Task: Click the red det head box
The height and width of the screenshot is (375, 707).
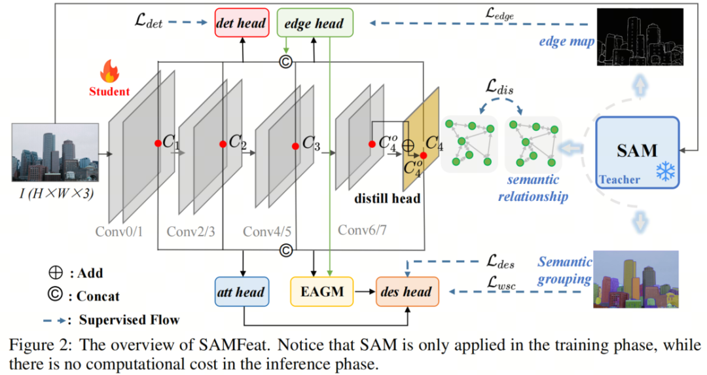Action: point(242,23)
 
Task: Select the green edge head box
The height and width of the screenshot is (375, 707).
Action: point(315,23)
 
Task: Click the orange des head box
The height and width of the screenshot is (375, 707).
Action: point(407,291)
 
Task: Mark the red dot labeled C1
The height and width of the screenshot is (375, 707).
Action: point(158,143)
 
